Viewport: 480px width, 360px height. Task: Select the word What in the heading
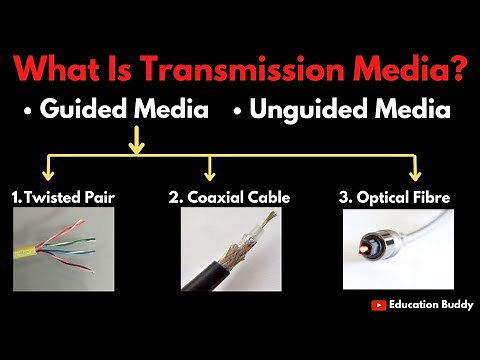click(x=66, y=70)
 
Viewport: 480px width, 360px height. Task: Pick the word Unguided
click(x=303, y=110)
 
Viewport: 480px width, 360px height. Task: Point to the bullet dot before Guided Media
click(x=29, y=111)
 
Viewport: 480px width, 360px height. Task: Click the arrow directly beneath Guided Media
click(x=136, y=145)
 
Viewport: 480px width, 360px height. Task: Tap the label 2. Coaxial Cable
click(x=229, y=198)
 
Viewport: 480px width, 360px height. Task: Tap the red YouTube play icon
click(x=379, y=306)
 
